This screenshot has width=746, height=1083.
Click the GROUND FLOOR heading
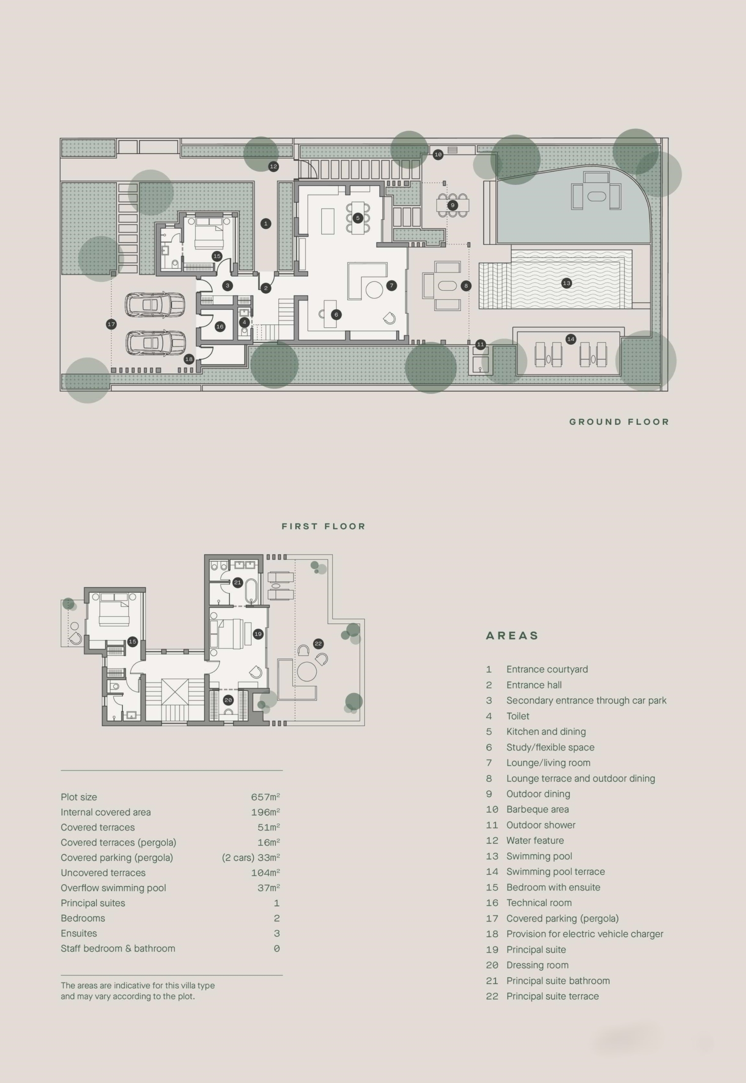[x=619, y=422]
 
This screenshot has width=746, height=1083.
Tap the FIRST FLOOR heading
[x=324, y=526]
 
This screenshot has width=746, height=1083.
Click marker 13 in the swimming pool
[x=567, y=283]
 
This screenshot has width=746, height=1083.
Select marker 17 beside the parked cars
[x=111, y=324]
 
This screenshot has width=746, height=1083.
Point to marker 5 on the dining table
[x=358, y=218]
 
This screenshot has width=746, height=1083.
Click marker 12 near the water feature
[x=274, y=167]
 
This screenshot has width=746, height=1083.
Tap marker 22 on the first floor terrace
[x=318, y=643]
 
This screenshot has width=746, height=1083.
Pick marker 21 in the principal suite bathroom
[x=237, y=582]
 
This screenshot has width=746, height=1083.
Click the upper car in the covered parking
[x=155, y=305]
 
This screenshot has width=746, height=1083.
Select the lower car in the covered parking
[x=156, y=343]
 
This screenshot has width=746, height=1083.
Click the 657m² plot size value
[x=266, y=797]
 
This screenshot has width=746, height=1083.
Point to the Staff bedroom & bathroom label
[x=118, y=948]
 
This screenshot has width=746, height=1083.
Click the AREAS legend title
[x=512, y=635]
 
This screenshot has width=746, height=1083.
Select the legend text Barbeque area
[x=538, y=809]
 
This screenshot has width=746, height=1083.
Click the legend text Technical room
[x=539, y=902]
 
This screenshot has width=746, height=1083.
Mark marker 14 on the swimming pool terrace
[x=570, y=339]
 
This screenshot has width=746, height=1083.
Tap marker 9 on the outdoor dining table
[x=453, y=205]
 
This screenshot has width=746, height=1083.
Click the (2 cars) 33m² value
[x=251, y=858]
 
